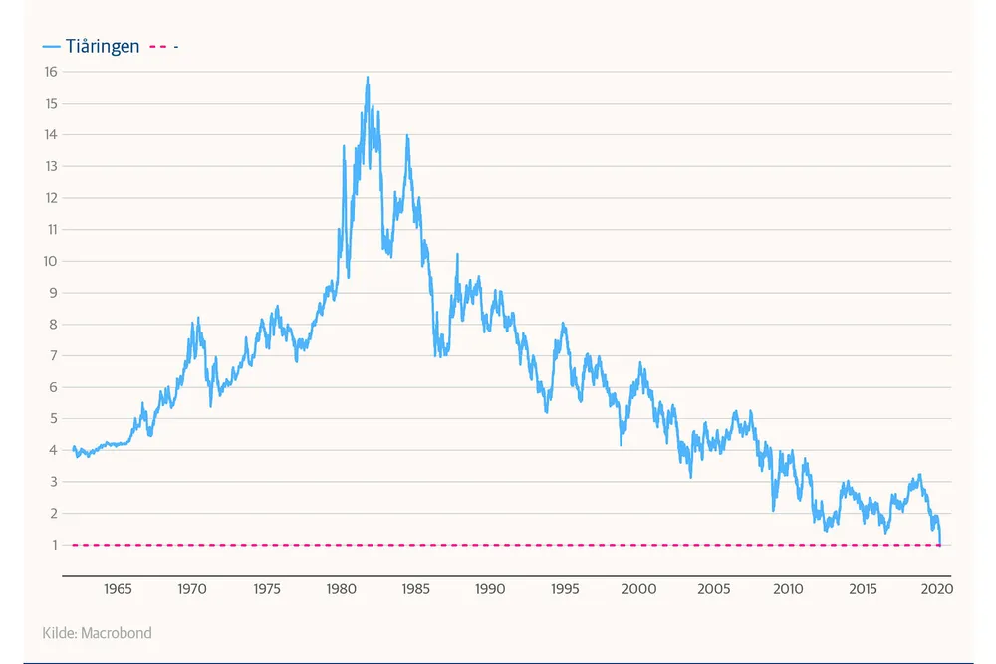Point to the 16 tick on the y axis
coord(51,72)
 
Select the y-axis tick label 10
coord(51,261)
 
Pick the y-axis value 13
coord(51,166)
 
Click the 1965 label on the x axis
coord(118,589)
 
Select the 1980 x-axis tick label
coord(342,589)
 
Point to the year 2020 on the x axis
coord(937,589)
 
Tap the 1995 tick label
coord(565,589)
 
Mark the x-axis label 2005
coord(714,589)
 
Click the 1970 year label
coord(192,589)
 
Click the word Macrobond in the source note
coord(117,633)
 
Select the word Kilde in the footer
coord(59,633)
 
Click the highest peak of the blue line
coord(368,78)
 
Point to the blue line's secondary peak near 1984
coord(406,136)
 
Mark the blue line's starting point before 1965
coord(74,448)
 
